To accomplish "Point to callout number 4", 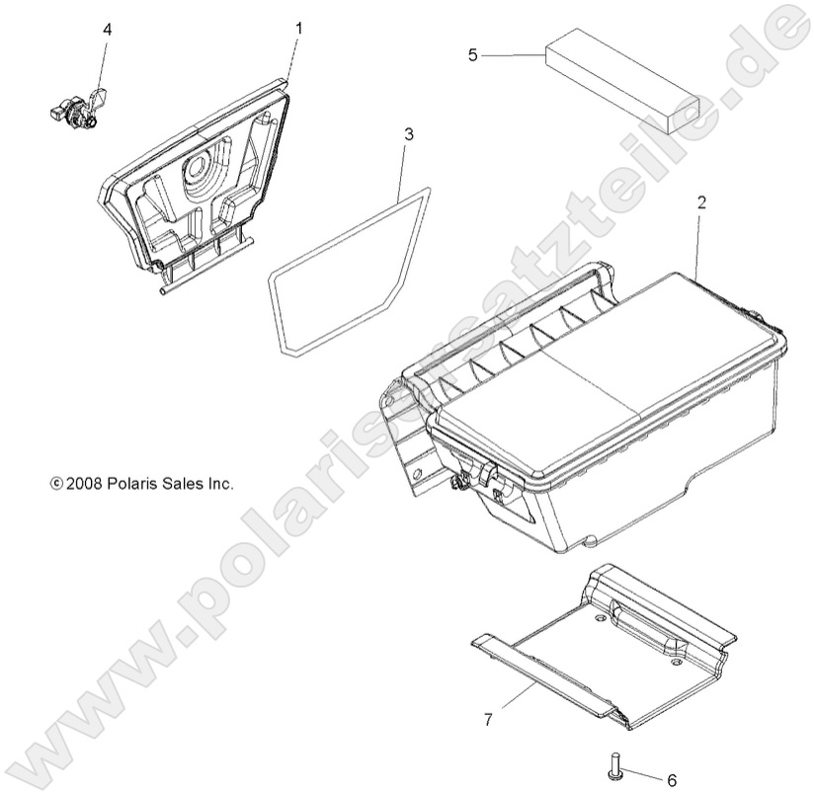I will tap(107, 29).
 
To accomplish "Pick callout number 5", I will tap(472, 54).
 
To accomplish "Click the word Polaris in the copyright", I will tap(125, 484).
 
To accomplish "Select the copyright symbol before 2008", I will tap(55, 484).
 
